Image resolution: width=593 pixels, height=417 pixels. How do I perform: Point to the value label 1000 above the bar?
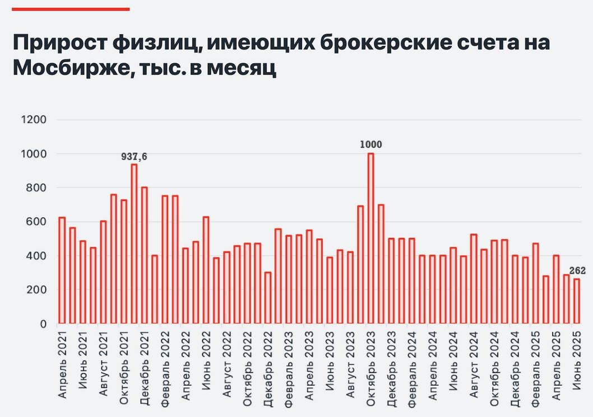(x=370, y=145)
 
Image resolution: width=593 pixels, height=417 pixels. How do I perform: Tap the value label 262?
(x=577, y=271)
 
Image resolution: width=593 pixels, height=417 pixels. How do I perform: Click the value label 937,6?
(x=134, y=157)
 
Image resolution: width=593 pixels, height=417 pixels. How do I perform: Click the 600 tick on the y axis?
(x=37, y=222)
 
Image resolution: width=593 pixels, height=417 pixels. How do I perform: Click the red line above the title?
(x=71, y=9)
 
